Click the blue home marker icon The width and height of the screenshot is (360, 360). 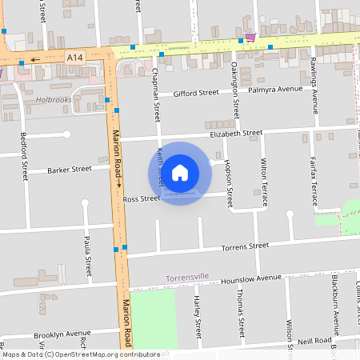click(180, 173)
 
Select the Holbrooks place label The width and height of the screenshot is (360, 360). click(54, 101)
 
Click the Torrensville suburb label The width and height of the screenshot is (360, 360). click(187, 277)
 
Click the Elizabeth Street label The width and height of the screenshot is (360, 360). click(236, 134)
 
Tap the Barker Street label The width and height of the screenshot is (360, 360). click(70, 170)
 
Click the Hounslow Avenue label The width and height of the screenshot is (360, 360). click(251, 278)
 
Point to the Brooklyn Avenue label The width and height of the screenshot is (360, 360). click(62, 333)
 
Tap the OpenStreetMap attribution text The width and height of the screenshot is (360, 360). click(81, 354)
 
